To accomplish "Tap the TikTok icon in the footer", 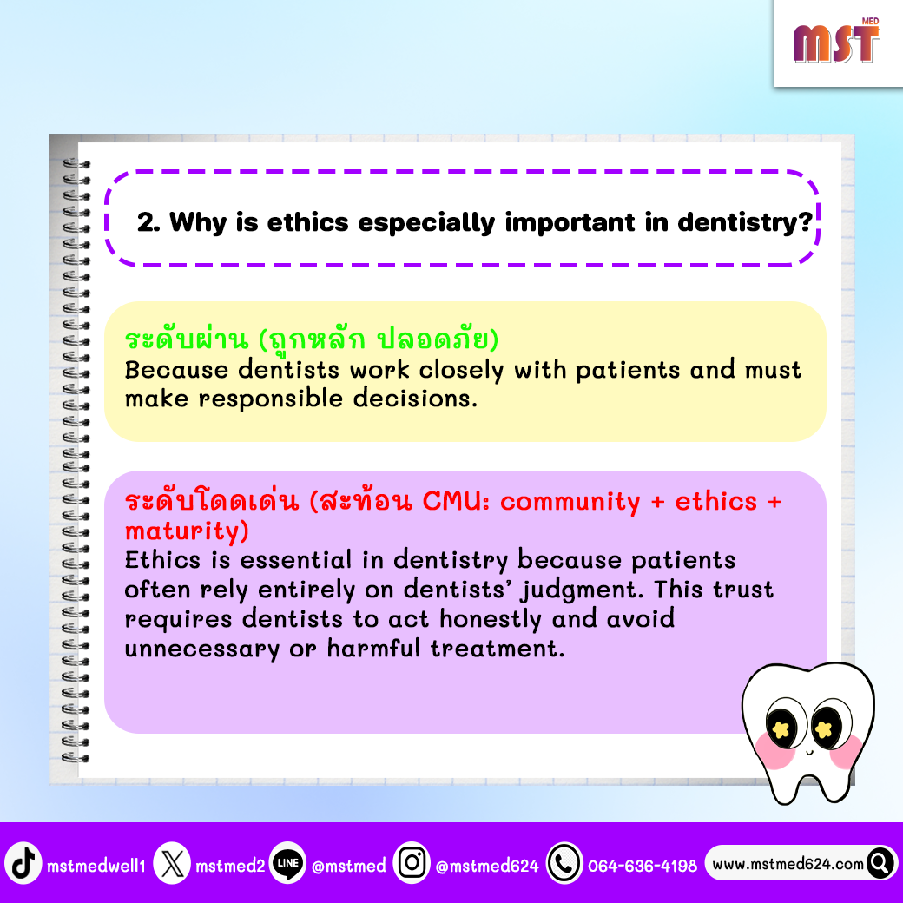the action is (23, 863).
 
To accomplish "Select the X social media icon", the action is (172, 863).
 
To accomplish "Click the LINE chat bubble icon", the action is (287, 863).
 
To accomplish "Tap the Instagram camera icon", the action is (412, 863).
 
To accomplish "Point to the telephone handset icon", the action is (564, 863).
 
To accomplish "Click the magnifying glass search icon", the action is (880, 863).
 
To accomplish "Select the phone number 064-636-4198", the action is (643, 866).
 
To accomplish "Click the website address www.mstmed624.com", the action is (788, 864).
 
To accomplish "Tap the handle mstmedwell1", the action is (96, 866).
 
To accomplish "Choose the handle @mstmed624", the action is (487, 866).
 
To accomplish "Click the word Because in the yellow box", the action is (176, 370).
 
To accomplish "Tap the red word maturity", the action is (187, 531).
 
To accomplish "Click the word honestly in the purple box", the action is (490, 619).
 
